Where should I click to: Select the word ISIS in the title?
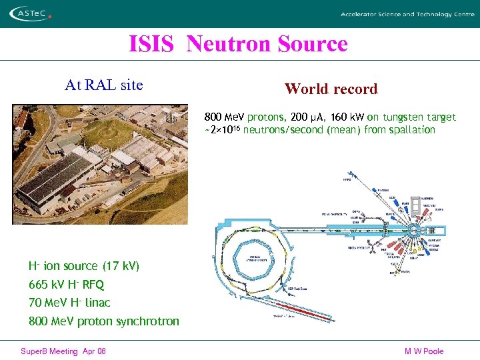[151, 44]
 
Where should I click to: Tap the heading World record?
[331, 89]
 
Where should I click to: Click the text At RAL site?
[103, 85]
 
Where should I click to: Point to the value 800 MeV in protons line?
[225, 117]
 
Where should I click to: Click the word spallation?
[411, 130]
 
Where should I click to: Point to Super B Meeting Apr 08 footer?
[63, 351]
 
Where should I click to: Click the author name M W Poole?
[423, 351]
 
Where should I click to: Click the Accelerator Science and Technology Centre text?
[407, 14]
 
